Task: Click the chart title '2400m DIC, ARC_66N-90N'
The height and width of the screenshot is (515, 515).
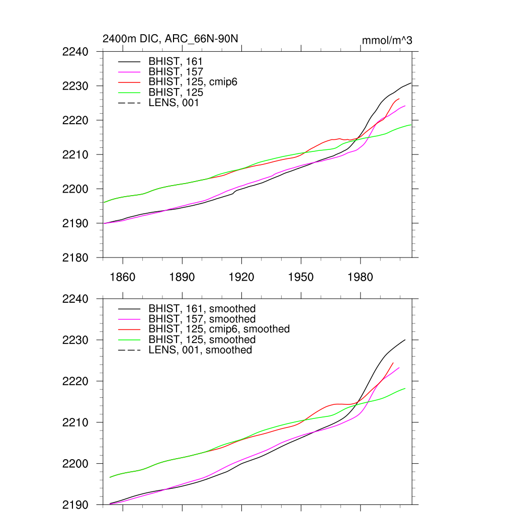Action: point(170,39)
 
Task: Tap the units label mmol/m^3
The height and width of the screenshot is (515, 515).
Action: point(387,40)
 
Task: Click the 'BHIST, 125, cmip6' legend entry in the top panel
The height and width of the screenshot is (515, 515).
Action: point(193,82)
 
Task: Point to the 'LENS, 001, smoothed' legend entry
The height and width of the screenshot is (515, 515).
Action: point(200,350)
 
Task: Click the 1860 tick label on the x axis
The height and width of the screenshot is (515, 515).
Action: point(122,278)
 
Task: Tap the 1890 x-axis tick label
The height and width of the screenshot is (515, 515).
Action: point(182,278)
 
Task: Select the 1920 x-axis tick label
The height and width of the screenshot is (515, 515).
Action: point(241,278)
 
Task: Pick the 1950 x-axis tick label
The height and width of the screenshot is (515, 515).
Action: point(301,278)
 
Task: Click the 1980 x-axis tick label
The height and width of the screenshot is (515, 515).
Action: point(360,278)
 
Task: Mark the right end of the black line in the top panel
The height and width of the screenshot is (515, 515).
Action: point(411,83)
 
